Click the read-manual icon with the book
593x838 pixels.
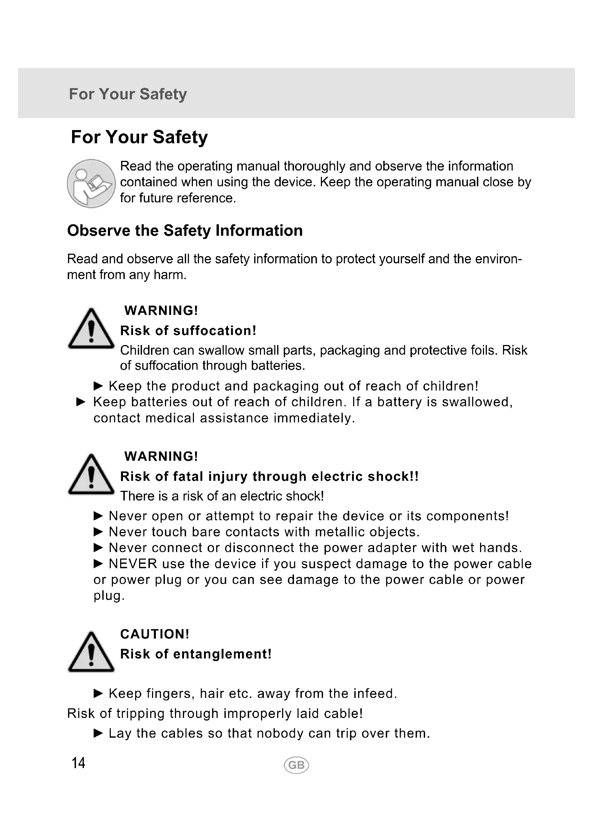coord(91,183)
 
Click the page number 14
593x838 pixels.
coord(79,763)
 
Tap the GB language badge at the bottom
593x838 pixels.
coord(296,765)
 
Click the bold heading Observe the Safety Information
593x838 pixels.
coord(185,231)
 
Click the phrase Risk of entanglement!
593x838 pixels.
coord(196,654)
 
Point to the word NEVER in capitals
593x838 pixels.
coord(133,564)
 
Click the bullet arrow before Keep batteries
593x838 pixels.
coord(81,402)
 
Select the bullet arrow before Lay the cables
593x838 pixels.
coord(99,733)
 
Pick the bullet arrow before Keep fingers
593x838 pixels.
coord(99,694)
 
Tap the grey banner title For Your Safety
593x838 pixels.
coord(128,94)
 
